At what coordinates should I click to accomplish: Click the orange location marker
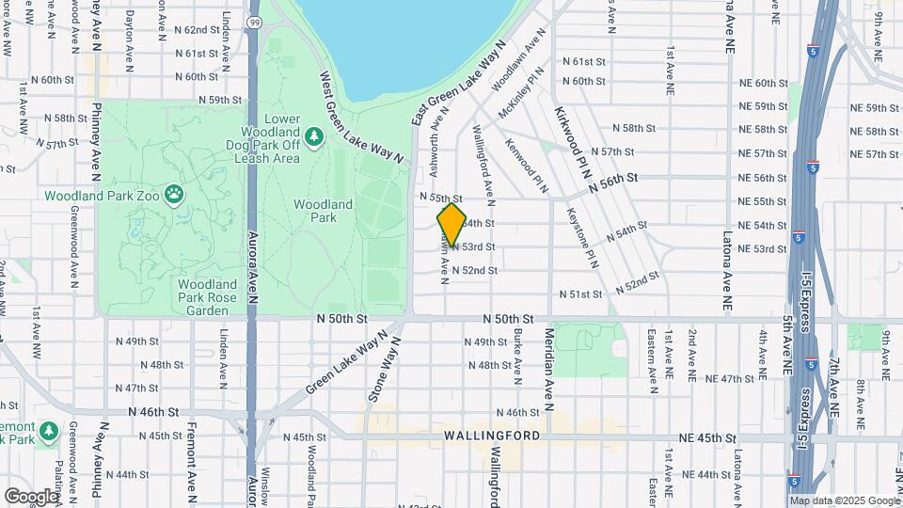(x=451, y=224)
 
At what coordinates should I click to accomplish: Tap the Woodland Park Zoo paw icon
(x=174, y=195)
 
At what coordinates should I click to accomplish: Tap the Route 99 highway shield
(x=254, y=20)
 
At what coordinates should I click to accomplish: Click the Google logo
(x=31, y=496)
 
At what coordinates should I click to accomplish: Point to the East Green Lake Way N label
(x=459, y=85)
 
